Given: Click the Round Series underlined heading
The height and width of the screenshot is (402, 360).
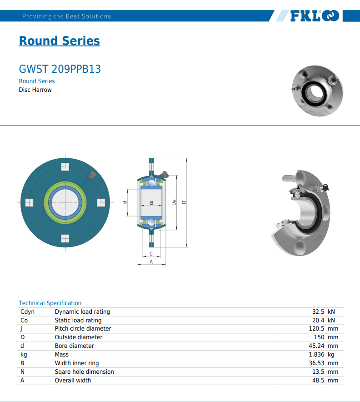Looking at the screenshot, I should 59,41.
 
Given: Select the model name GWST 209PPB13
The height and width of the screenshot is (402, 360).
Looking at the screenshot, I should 60,69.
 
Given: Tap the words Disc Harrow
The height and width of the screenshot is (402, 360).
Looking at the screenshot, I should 35,90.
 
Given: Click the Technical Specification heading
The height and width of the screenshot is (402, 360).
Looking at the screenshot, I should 50,303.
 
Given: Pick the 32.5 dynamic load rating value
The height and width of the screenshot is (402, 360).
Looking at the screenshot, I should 318,312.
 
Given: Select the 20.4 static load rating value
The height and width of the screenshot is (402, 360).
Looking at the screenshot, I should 318,320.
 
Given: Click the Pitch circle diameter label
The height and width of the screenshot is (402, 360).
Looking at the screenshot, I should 83,328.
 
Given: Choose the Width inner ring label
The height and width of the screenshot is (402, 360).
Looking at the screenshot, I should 77,363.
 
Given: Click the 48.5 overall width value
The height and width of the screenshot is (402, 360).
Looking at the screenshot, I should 318,380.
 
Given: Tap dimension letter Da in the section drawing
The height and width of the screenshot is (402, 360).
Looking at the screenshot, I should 174,202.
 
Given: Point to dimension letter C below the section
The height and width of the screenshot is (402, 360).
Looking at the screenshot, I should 151,254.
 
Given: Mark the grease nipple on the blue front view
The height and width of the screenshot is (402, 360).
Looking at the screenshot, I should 92,176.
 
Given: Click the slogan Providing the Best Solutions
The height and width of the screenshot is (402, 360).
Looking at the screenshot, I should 67,16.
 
